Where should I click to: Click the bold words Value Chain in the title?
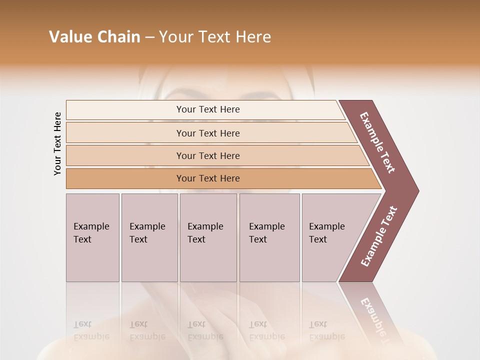click(94, 37)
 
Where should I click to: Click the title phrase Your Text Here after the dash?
click(215, 37)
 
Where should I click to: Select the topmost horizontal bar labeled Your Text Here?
click(207, 109)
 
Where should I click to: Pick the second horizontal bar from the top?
click(207, 133)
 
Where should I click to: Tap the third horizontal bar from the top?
click(207, 155)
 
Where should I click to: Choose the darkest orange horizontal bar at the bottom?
click(207, 178)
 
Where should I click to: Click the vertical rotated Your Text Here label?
click(57, 144)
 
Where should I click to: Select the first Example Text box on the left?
click(92, 237)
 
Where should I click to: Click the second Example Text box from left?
click(148, 237)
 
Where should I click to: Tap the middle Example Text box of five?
click(207, 237)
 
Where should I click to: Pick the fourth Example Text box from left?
click(269, 237)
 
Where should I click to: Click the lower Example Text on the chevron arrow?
click(379, 236)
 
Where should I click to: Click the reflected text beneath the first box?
click(91, 330)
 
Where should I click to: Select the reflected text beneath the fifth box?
click(326, 330)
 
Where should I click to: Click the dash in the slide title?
click(149, 37)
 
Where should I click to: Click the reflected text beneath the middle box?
click(205, 330)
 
